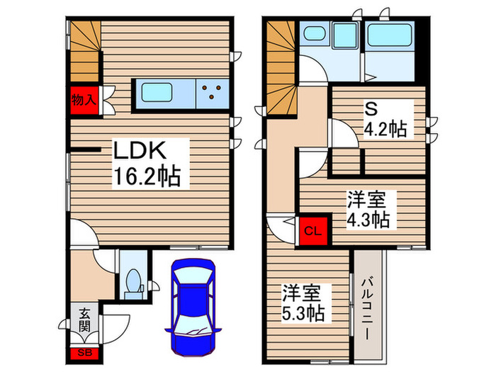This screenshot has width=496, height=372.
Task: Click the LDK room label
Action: pyautogui.click(x=141, y=151)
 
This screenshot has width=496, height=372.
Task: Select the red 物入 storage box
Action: pyautogui.click(x=84, y=100)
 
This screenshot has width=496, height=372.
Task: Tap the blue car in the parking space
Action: pyautogui.click(x=189, y=298)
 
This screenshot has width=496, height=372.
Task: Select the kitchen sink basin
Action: pyautogui.click(x=162, y=92)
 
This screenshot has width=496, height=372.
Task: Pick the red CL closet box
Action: pyautogui.click(x=312, y=230)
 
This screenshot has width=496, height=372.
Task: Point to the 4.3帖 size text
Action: pyautogui.click(x=368, y=220)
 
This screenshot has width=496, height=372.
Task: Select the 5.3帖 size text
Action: pyautogui.click(x=305, y=312)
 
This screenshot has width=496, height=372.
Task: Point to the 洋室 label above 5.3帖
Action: pyautogui.click(x=305, y=291)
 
